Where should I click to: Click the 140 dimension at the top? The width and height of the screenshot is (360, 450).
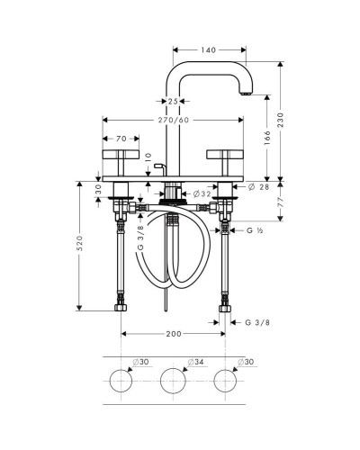[x=209, y=50]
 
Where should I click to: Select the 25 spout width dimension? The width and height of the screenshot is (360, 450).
[x=173, y=102]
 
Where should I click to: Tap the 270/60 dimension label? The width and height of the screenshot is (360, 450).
[x=174, y=120]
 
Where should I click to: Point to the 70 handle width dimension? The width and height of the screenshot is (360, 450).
[x=121, y=139]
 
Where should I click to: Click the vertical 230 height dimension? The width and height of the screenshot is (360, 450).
[x=280, y=120]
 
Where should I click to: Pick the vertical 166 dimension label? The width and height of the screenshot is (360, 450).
[x=266, y=138]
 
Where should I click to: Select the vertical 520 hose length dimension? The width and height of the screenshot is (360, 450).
[x=79, y=243]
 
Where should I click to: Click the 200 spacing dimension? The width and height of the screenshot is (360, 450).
[x=174, y=334]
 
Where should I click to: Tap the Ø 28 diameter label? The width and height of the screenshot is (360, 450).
[x=259, y=187]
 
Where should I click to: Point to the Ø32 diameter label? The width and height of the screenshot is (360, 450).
[x=202, y=194]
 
